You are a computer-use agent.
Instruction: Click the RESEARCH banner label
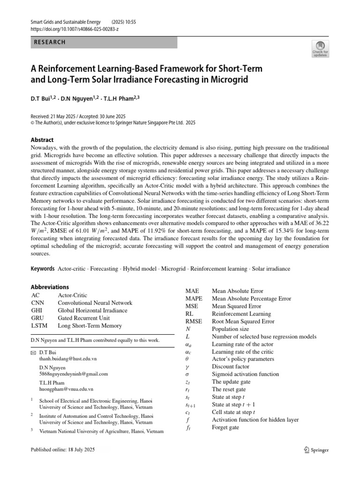(x=50, y=42)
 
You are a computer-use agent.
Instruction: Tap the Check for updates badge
(x=320, y=48)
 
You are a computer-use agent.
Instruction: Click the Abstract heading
(x=42, y=140)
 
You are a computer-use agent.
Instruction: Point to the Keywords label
(x=43, y=269)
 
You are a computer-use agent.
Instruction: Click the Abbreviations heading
(x=50, y=287)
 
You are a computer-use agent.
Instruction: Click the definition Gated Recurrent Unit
(x=83, y=318)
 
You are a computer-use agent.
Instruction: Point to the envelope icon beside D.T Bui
(x=33, y=351)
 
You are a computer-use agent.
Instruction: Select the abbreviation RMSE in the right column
(x=194, y=322)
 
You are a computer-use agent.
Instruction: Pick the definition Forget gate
(x=225, y=427)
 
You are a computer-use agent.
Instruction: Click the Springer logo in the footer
(x=316, y=450)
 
